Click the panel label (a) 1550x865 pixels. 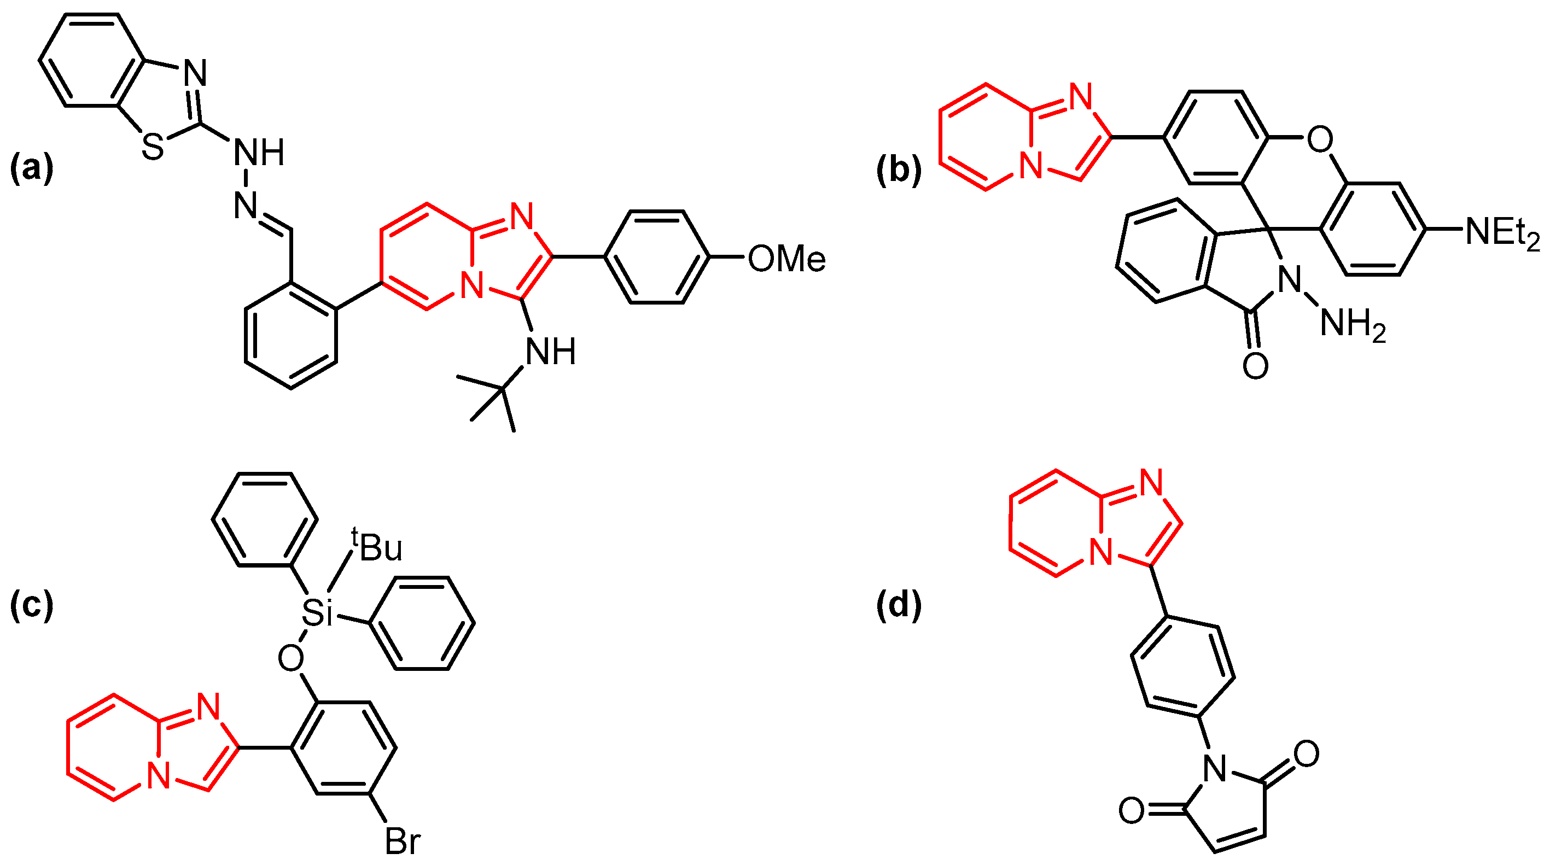point(32,168)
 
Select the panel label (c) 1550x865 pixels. point(32,605)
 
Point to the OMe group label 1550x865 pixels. point(786,259)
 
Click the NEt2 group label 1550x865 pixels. point(1502,232)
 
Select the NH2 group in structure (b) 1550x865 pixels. point(1353,325)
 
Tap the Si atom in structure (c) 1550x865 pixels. point(317,613)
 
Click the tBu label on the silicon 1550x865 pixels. point(378,547)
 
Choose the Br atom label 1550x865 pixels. point(403,841)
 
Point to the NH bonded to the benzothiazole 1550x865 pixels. point(259,152)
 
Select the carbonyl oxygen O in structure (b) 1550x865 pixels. point(1255,365)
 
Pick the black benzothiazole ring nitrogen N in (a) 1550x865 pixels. point(195,73)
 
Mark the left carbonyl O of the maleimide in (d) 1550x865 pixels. point(1131,810)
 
